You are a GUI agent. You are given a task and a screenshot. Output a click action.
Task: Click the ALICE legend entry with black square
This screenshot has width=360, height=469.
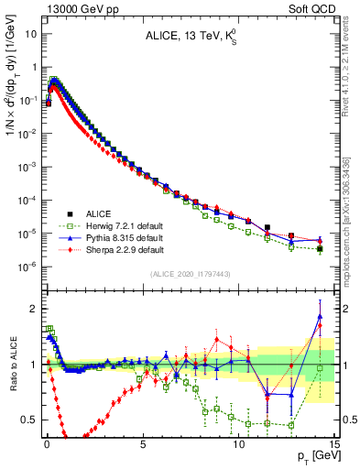101,212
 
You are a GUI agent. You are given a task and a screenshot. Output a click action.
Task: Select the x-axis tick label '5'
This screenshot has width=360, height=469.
143,442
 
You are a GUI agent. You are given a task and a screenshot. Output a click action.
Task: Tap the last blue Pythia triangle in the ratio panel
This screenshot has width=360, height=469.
320,317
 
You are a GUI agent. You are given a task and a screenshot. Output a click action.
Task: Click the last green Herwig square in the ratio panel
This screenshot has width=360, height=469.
320,367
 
